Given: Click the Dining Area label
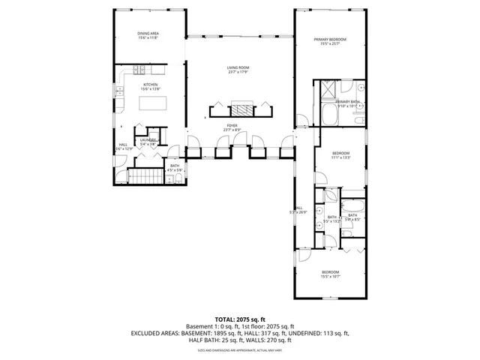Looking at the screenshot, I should pyautogui.click(x=148, y=33).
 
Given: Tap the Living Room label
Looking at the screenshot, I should pyautogui.click(x=238, y=68).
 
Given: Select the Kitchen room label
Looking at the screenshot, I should pyautogui.click(x=151, y=85).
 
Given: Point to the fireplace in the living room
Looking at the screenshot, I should pyautogui.click(x=241, y=107).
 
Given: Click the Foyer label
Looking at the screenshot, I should pyautogui.click(x=232, y=126).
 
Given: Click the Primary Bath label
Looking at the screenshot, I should pyautogui.click(x=349, y=102).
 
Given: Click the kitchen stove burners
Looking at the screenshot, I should pyautogui.click(x=139, y=70).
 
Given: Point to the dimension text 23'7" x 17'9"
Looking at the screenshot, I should pyautogui.click(x=238, y=73).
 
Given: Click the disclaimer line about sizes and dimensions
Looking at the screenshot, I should pyautogui.click(x=239, y=350).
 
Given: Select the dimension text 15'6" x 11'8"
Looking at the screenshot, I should pyautogui.click(x=148, y=37).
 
